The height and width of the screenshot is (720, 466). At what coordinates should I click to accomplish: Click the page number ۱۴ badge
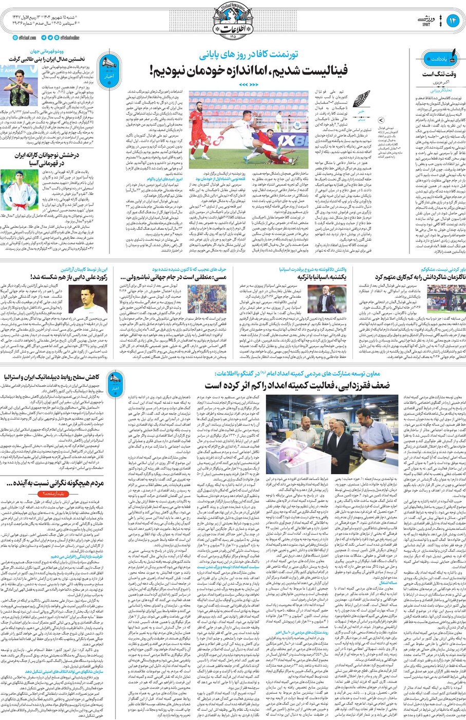click(x=453, y=20)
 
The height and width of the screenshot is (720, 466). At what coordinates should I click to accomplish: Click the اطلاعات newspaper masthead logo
click(x=233, y=21)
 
